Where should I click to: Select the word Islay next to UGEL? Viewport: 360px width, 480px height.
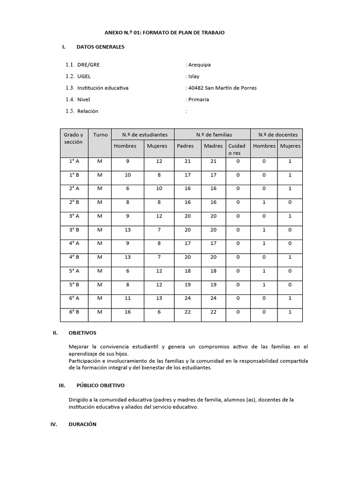click(194, 76)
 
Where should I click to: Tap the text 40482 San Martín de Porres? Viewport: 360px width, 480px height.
click(222, 88)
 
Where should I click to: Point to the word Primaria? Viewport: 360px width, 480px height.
click(198, 99)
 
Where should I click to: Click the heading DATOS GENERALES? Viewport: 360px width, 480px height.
click(100, 47)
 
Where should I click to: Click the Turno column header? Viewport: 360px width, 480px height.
click(100, 135)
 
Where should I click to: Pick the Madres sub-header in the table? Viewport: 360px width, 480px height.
click(213, 146)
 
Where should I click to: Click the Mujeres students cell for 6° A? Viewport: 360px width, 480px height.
click(157, 298)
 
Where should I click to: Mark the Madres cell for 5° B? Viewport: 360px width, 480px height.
click(213, 285)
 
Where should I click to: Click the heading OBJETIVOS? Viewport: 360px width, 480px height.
click(82, 333)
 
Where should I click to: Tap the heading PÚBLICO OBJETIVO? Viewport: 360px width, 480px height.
click(100, 385)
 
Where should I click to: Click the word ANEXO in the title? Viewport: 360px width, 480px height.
click(113, 32)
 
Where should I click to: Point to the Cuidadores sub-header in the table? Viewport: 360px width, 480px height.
click(237, 149)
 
